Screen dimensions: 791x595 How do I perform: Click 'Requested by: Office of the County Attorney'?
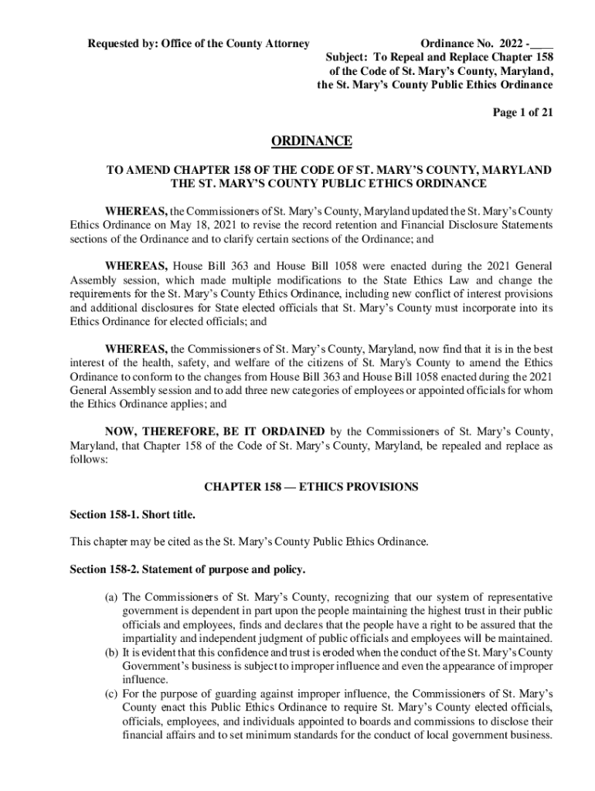198,43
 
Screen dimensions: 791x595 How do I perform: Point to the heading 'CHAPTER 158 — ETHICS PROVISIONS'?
311,487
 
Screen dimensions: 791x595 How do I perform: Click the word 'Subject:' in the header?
349,57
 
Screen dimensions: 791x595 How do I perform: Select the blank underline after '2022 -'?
543,43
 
